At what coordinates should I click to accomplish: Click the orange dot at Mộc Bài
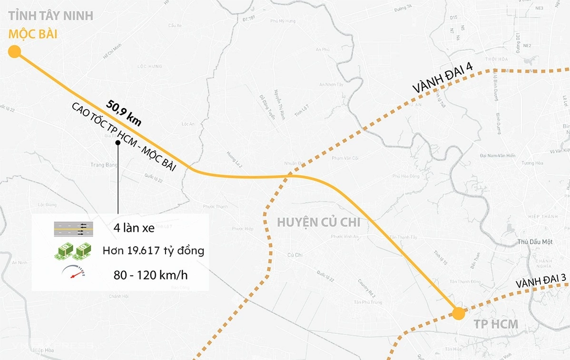click(14, 51)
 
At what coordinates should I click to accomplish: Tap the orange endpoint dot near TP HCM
click(458, 313)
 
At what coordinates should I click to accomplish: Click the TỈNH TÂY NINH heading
click(51, 15)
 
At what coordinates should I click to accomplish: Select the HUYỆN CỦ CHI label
click(318, 222)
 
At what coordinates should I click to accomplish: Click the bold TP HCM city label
click(495, 325)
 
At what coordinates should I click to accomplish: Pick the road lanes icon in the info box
click(74, 229)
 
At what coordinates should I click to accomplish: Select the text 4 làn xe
click(134, 228)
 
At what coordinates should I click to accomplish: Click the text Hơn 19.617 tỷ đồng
click(153, 250)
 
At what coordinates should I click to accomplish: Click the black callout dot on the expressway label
click(118, 143)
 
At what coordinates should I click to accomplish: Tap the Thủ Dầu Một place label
click(536, 241)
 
